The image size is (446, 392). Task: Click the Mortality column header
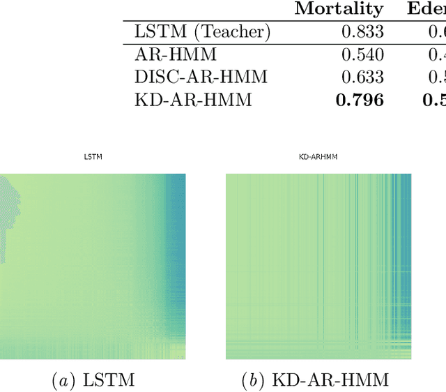click(x=339, y=8)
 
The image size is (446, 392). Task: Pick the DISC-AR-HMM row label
click(x=192, y=77)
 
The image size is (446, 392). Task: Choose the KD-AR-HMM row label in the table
click(x=183, y=100)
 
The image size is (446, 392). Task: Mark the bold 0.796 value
click(x=360, y=100)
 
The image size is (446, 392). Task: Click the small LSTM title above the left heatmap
click(x=93, y=157)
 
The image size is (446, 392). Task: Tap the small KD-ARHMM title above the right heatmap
click(x=318, y=157)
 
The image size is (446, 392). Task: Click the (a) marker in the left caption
click(x=65, y=380)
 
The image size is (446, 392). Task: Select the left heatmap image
click(x=93, y=266)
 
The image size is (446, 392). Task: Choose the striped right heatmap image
click(x=318, y=266)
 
